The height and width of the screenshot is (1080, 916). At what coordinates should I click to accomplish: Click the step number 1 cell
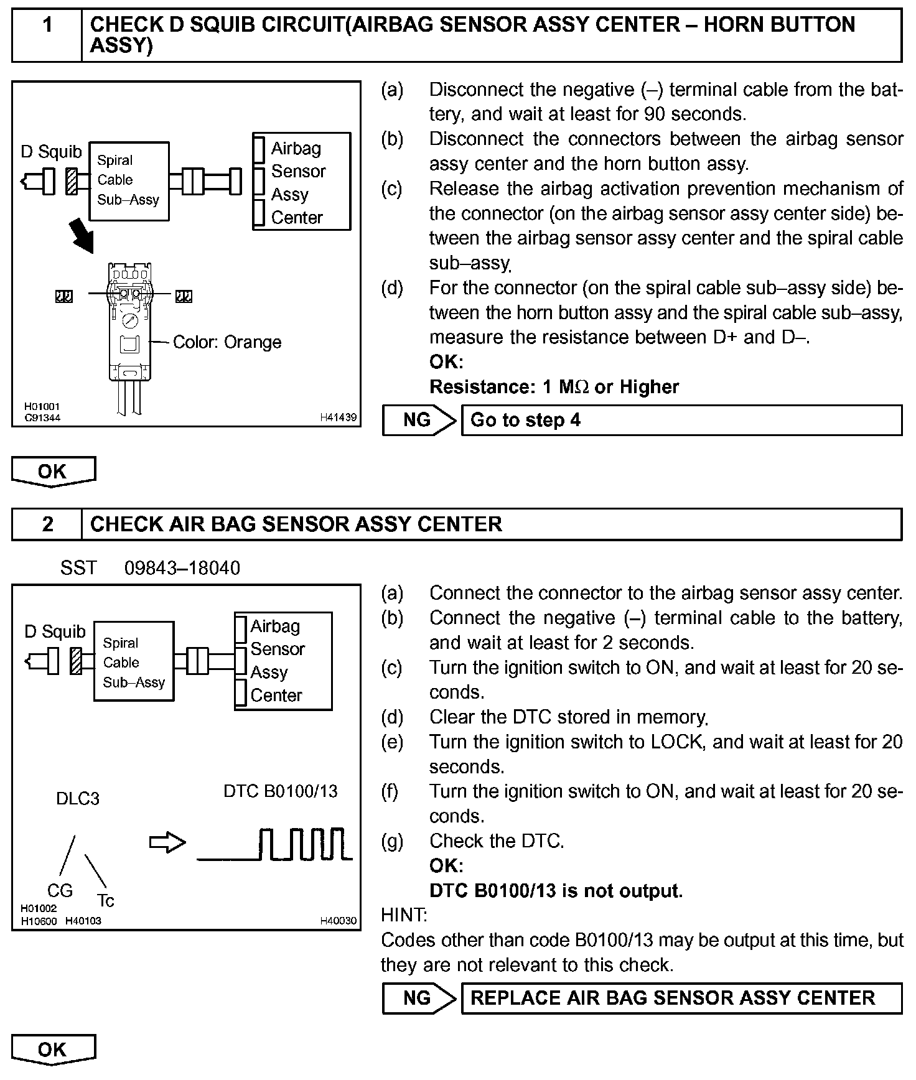47,35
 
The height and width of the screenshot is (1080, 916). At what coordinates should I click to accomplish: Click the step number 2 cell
47,524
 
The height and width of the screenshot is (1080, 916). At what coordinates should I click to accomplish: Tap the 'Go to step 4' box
681,420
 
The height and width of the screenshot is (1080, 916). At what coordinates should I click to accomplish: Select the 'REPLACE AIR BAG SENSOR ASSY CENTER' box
681,998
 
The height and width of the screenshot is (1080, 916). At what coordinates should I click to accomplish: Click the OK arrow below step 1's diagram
54,471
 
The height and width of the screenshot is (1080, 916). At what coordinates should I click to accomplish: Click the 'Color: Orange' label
227,342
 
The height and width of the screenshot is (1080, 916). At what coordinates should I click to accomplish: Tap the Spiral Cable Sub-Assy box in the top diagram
129,180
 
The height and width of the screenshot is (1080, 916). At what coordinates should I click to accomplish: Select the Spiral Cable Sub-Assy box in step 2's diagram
134,662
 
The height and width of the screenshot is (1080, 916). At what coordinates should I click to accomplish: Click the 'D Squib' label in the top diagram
51,152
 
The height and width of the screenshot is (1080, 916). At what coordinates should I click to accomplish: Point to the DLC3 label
78,798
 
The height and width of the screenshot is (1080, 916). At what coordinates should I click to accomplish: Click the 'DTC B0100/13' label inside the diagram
281,791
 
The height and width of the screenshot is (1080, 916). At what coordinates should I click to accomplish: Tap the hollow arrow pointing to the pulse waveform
168,843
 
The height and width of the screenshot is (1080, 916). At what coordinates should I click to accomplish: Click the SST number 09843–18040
182,568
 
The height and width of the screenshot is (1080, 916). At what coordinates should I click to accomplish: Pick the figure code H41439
339,417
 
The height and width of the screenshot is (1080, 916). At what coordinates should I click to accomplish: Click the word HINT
404,915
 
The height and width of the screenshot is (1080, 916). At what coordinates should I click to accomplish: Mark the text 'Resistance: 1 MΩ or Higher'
554,387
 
